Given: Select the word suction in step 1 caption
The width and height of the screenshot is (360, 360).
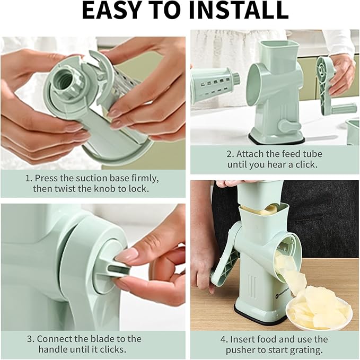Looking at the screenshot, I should click(x=100, y=177).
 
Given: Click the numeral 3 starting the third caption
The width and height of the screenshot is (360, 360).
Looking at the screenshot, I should click(x=30, y=338).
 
